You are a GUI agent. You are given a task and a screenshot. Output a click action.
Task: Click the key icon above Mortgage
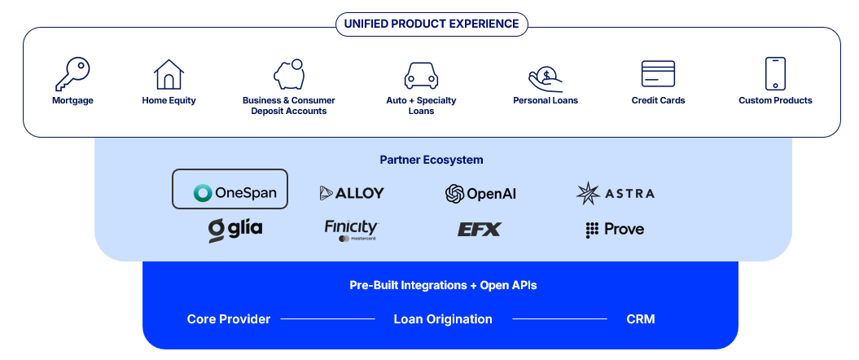72,74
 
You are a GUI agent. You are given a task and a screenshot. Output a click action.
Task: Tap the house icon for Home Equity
169,74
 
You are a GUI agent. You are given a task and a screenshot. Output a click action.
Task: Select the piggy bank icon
289,74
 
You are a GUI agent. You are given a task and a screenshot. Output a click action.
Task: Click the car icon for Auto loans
421,76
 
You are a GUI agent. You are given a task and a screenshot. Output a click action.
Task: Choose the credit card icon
658,74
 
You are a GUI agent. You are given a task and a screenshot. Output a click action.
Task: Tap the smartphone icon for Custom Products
775,73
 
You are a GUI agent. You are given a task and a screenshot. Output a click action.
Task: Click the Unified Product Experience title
432,24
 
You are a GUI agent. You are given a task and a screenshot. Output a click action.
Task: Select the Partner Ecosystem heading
432,160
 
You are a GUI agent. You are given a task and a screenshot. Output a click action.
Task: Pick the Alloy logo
352,193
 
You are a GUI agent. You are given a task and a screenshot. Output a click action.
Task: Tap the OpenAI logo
480,193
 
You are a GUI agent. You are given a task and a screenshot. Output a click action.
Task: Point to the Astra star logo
589,193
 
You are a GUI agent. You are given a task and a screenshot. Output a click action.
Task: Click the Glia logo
235,230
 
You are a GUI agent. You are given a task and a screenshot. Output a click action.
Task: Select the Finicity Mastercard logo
352,230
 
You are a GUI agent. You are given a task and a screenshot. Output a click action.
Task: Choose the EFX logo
480,229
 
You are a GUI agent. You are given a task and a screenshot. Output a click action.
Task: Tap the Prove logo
615,230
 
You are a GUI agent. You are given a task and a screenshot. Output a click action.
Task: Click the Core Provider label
229,319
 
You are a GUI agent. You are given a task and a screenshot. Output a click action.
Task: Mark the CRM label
641,319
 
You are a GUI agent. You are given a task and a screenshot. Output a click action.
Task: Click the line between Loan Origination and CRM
560,319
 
